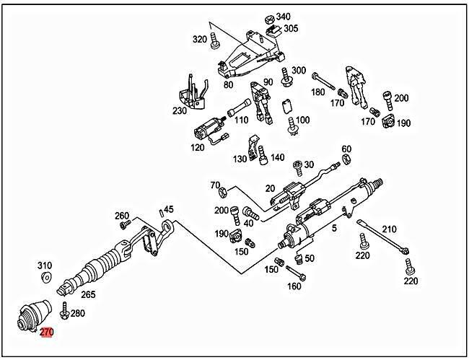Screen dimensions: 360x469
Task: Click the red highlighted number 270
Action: pos(47,333)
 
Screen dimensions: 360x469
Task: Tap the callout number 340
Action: pos(283,16)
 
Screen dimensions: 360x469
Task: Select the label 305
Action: pos(291,28)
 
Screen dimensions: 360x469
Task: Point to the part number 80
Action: pos(228,84)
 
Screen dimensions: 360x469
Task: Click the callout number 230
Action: pos(179,111)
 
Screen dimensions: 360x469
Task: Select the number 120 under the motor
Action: pos(197,146)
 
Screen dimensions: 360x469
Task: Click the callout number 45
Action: pos(169,210)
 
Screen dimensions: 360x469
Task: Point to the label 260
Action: pos(122,215)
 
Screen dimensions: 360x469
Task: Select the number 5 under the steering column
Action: pos(334,229)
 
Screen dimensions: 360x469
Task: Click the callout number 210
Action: pos(389,229)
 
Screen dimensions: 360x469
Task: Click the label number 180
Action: pos(317,92)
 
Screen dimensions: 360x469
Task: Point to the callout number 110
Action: pos(242,120)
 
